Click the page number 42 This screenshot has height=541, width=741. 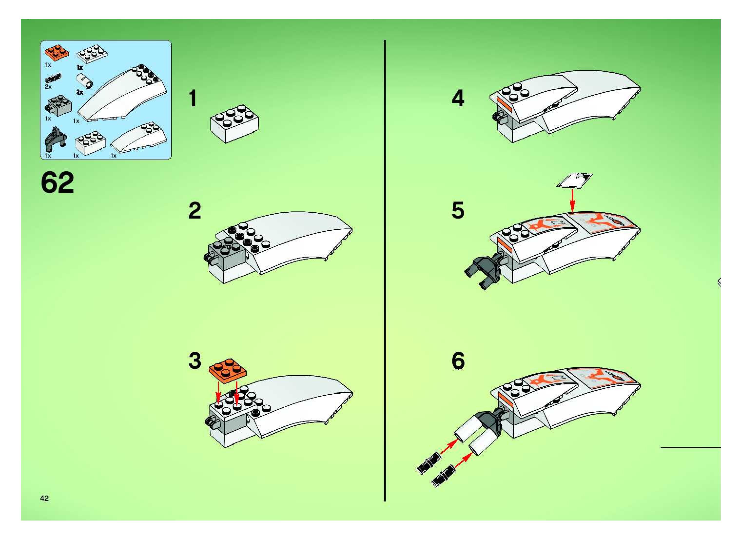click(x=45, y=498)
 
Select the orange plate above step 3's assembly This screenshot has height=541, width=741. click(x=227, y=370)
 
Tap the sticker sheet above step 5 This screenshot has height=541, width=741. click(x=575, y=181)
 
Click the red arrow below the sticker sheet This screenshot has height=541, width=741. click(x=572, y=200)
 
